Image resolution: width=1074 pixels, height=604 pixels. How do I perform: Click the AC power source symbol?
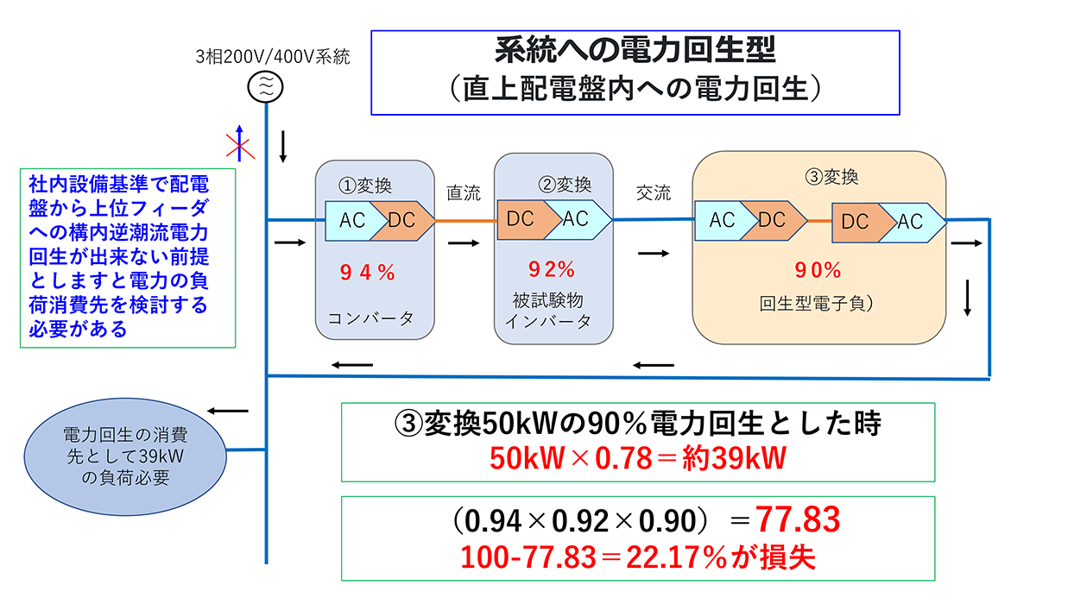click(267, 85)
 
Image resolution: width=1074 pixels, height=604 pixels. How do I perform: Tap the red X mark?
click(239, 146)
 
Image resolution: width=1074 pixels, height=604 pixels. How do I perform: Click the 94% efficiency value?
click(367, 274)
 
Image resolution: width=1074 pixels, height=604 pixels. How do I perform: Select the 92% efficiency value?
click(553, 269)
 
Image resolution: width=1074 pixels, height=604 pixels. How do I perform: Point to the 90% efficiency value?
click(818, 270)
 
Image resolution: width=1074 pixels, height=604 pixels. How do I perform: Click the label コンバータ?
click(370, 318)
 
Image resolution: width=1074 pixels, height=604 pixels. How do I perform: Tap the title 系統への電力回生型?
click(635, 51)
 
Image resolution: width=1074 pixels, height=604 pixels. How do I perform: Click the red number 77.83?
click(798, 519)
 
